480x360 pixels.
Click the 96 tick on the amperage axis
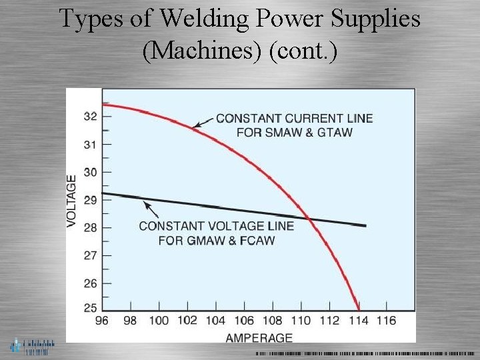[x=102, y=321]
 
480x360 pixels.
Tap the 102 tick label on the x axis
[x=187, y=321]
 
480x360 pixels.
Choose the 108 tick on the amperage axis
[x=273, y=321]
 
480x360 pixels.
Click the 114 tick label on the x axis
[x=358, y=321]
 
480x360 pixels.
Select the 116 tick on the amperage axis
[x=386, y=321]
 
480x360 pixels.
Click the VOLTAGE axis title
[x=72, y=200]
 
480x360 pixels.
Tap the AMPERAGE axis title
[x=259, y=337]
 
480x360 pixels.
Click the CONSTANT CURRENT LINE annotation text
[x=294, y=125]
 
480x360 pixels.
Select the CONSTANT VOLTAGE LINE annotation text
[x=216, y=233]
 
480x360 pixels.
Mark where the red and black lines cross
[x=309, y=217]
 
